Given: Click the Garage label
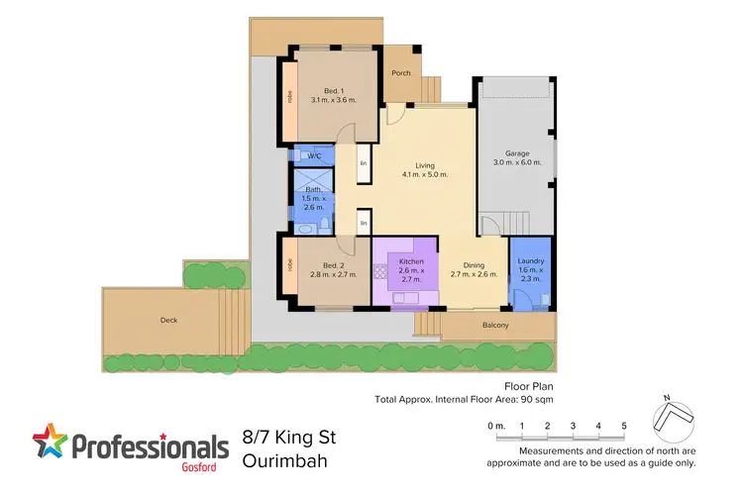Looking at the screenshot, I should point(518,153).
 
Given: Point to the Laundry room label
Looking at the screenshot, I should point(531,262).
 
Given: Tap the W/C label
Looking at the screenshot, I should point(314,156).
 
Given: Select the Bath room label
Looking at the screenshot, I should point(313,189).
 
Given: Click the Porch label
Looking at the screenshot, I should point(400,72).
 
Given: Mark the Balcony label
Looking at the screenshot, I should point(495,326).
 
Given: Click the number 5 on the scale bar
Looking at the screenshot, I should point(623,426).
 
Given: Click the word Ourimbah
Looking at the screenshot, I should point(286,460).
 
